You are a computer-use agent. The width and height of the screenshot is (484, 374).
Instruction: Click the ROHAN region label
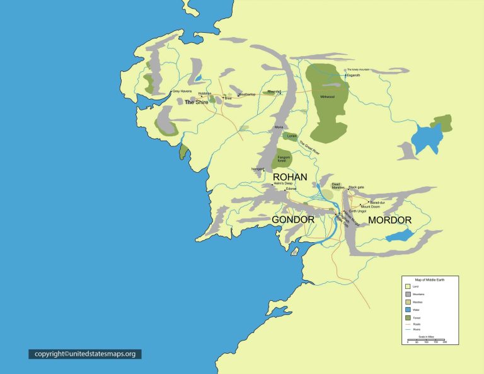pyautogui.click(x=290, y=177)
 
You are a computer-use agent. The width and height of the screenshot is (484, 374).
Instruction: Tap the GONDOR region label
pyautogui.click(x=293, y=219)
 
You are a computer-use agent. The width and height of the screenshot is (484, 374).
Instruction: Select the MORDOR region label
pyautogui.click(x=389, y=220)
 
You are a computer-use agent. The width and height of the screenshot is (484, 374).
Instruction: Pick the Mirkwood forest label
pyautogui.click(x=328, y=96)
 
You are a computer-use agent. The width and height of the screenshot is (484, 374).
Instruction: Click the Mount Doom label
pyautogui.click(x=370, y=207)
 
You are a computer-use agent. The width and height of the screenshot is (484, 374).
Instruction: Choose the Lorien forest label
pyautogui.click(x=291, y=136)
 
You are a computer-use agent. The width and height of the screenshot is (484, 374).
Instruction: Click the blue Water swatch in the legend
pyautogui.click(x=408, y=310)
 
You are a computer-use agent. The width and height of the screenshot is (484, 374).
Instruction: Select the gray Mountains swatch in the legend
pyautogui.click(x=408, y=294)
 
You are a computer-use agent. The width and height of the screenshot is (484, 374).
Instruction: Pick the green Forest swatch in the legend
pyautogui.click(x=408, y=318)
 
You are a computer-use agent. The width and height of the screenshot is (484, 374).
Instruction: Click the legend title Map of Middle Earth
pyautogui.click(x=432, y=279)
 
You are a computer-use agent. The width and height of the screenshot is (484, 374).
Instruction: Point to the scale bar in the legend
pyautogui.click(x=427, y=341)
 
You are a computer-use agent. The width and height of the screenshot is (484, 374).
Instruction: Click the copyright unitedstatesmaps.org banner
pyautogui.click(x=85, y=354)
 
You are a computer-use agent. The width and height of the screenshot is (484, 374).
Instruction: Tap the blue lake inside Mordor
pyautogui.click(x=399, y=236)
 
